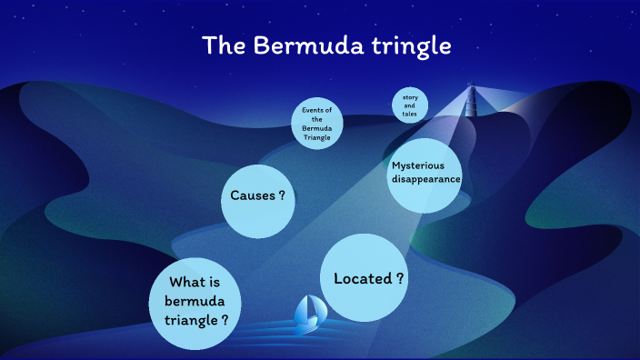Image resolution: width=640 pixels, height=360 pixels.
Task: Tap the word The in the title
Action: click(x=221, y=45)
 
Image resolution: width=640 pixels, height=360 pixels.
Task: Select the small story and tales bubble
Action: click(x=410, y=104)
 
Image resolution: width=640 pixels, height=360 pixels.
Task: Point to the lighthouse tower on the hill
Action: click(x=471, y=97)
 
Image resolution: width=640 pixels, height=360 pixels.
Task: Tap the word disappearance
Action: click(x=425, y=180)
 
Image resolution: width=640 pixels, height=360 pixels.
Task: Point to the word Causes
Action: click(x=253, y=195)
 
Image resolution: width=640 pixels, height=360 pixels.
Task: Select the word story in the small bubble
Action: click(x=410, y=95)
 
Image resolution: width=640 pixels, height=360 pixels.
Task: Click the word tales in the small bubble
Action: click(x=410, y=113)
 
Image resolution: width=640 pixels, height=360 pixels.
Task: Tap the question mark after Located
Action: click(x=400, y=278)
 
